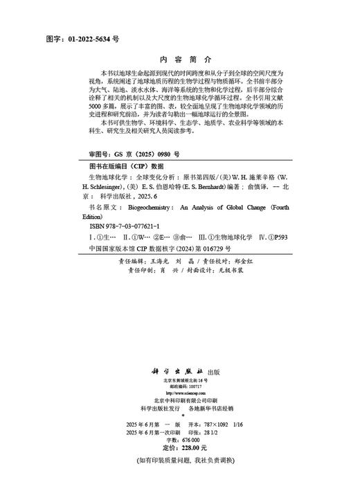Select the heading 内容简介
click(180, 60)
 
